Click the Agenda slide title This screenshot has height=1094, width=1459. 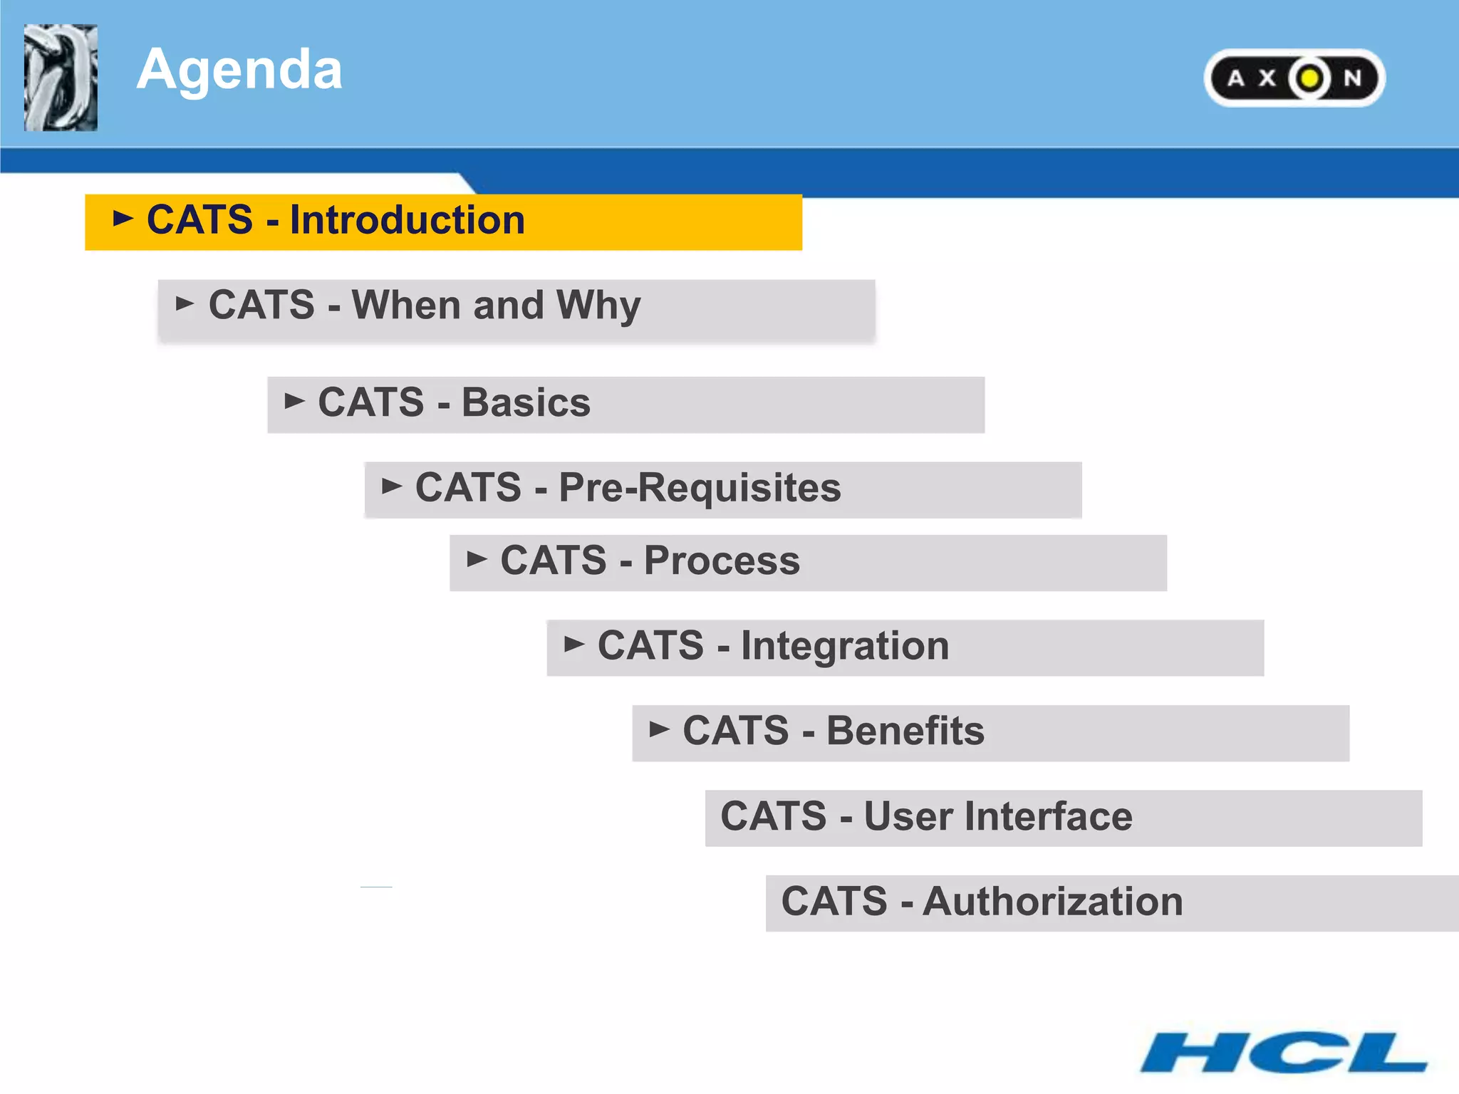tap(239, 70)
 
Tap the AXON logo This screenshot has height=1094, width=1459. tap(1294, 78)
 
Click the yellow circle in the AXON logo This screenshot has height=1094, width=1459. tap(1309, 78)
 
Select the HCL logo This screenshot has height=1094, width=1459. tap(1284, 1052)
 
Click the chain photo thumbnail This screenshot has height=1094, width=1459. tap(61, 78)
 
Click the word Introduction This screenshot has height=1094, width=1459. tap(407, 220)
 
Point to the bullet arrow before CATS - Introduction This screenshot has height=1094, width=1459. tap(123, 218)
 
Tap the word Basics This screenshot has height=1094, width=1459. tap(526, 403)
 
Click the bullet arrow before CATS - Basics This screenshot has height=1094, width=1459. tap(294, 401)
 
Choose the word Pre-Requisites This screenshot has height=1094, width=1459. tap(700, 488)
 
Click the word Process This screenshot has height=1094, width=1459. tap(722, 561)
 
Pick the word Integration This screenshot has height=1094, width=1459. tap(845, 647)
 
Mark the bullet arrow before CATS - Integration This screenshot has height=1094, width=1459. tap(573, 645)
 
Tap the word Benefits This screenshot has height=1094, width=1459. tap(905, 731)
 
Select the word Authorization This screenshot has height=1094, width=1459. tap(1053, 902)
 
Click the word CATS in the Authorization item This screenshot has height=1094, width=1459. tap(834, 902)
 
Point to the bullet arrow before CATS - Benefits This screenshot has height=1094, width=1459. tap(659, 729)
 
